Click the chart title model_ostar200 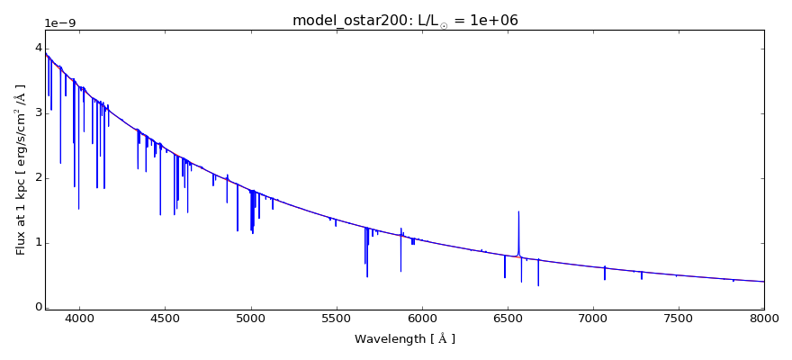405,20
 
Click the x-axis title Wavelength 404,339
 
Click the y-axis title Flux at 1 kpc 21,169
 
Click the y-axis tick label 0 38,307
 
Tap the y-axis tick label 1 38,242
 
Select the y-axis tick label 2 38,177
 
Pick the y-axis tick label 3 38,112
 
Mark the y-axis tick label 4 38,48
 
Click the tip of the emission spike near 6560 518,211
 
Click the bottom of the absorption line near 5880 400,271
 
